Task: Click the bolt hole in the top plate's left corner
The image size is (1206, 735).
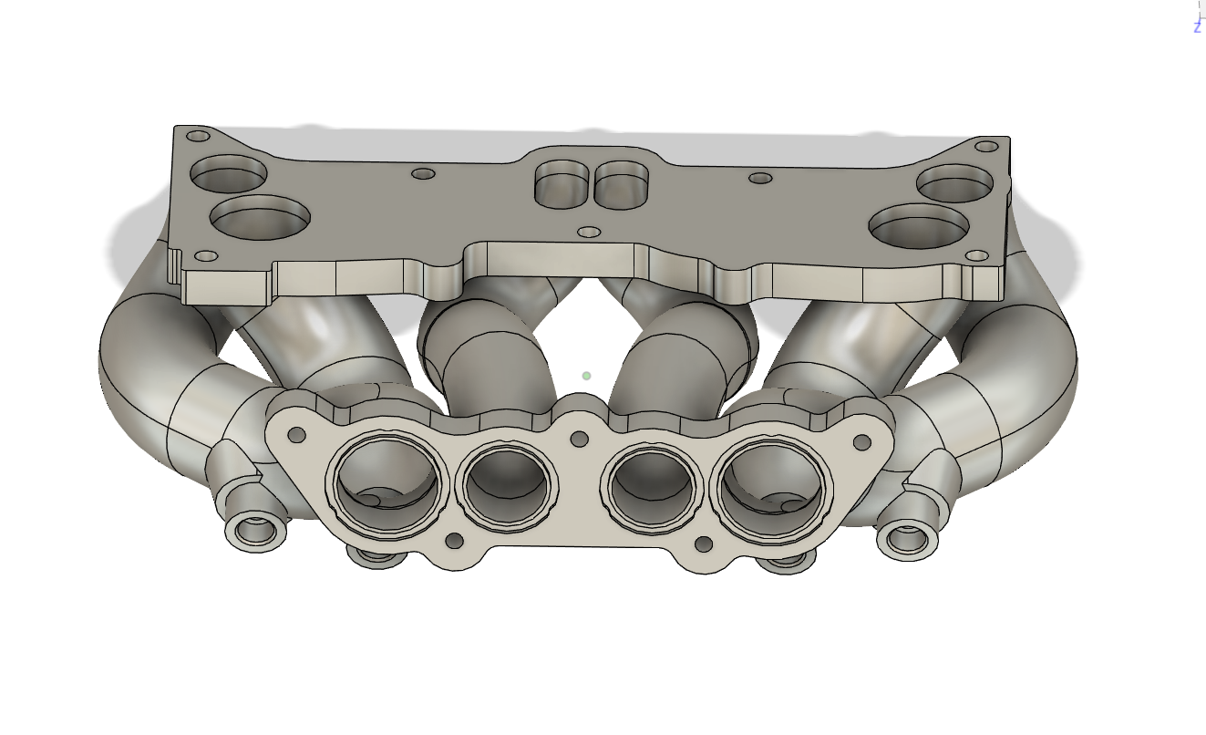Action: pos(198,137)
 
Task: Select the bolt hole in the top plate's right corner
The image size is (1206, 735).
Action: pos(986,146)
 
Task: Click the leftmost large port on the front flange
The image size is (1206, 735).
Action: pos(387,485)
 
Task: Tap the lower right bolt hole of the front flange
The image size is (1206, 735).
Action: pos(703,544)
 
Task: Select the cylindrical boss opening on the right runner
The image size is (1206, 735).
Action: pos(907,538)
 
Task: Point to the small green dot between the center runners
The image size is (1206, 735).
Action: pos(587,376)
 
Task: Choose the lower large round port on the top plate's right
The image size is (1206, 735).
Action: pos(919,224)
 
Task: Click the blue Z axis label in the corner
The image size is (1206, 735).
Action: pos(1197,27)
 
